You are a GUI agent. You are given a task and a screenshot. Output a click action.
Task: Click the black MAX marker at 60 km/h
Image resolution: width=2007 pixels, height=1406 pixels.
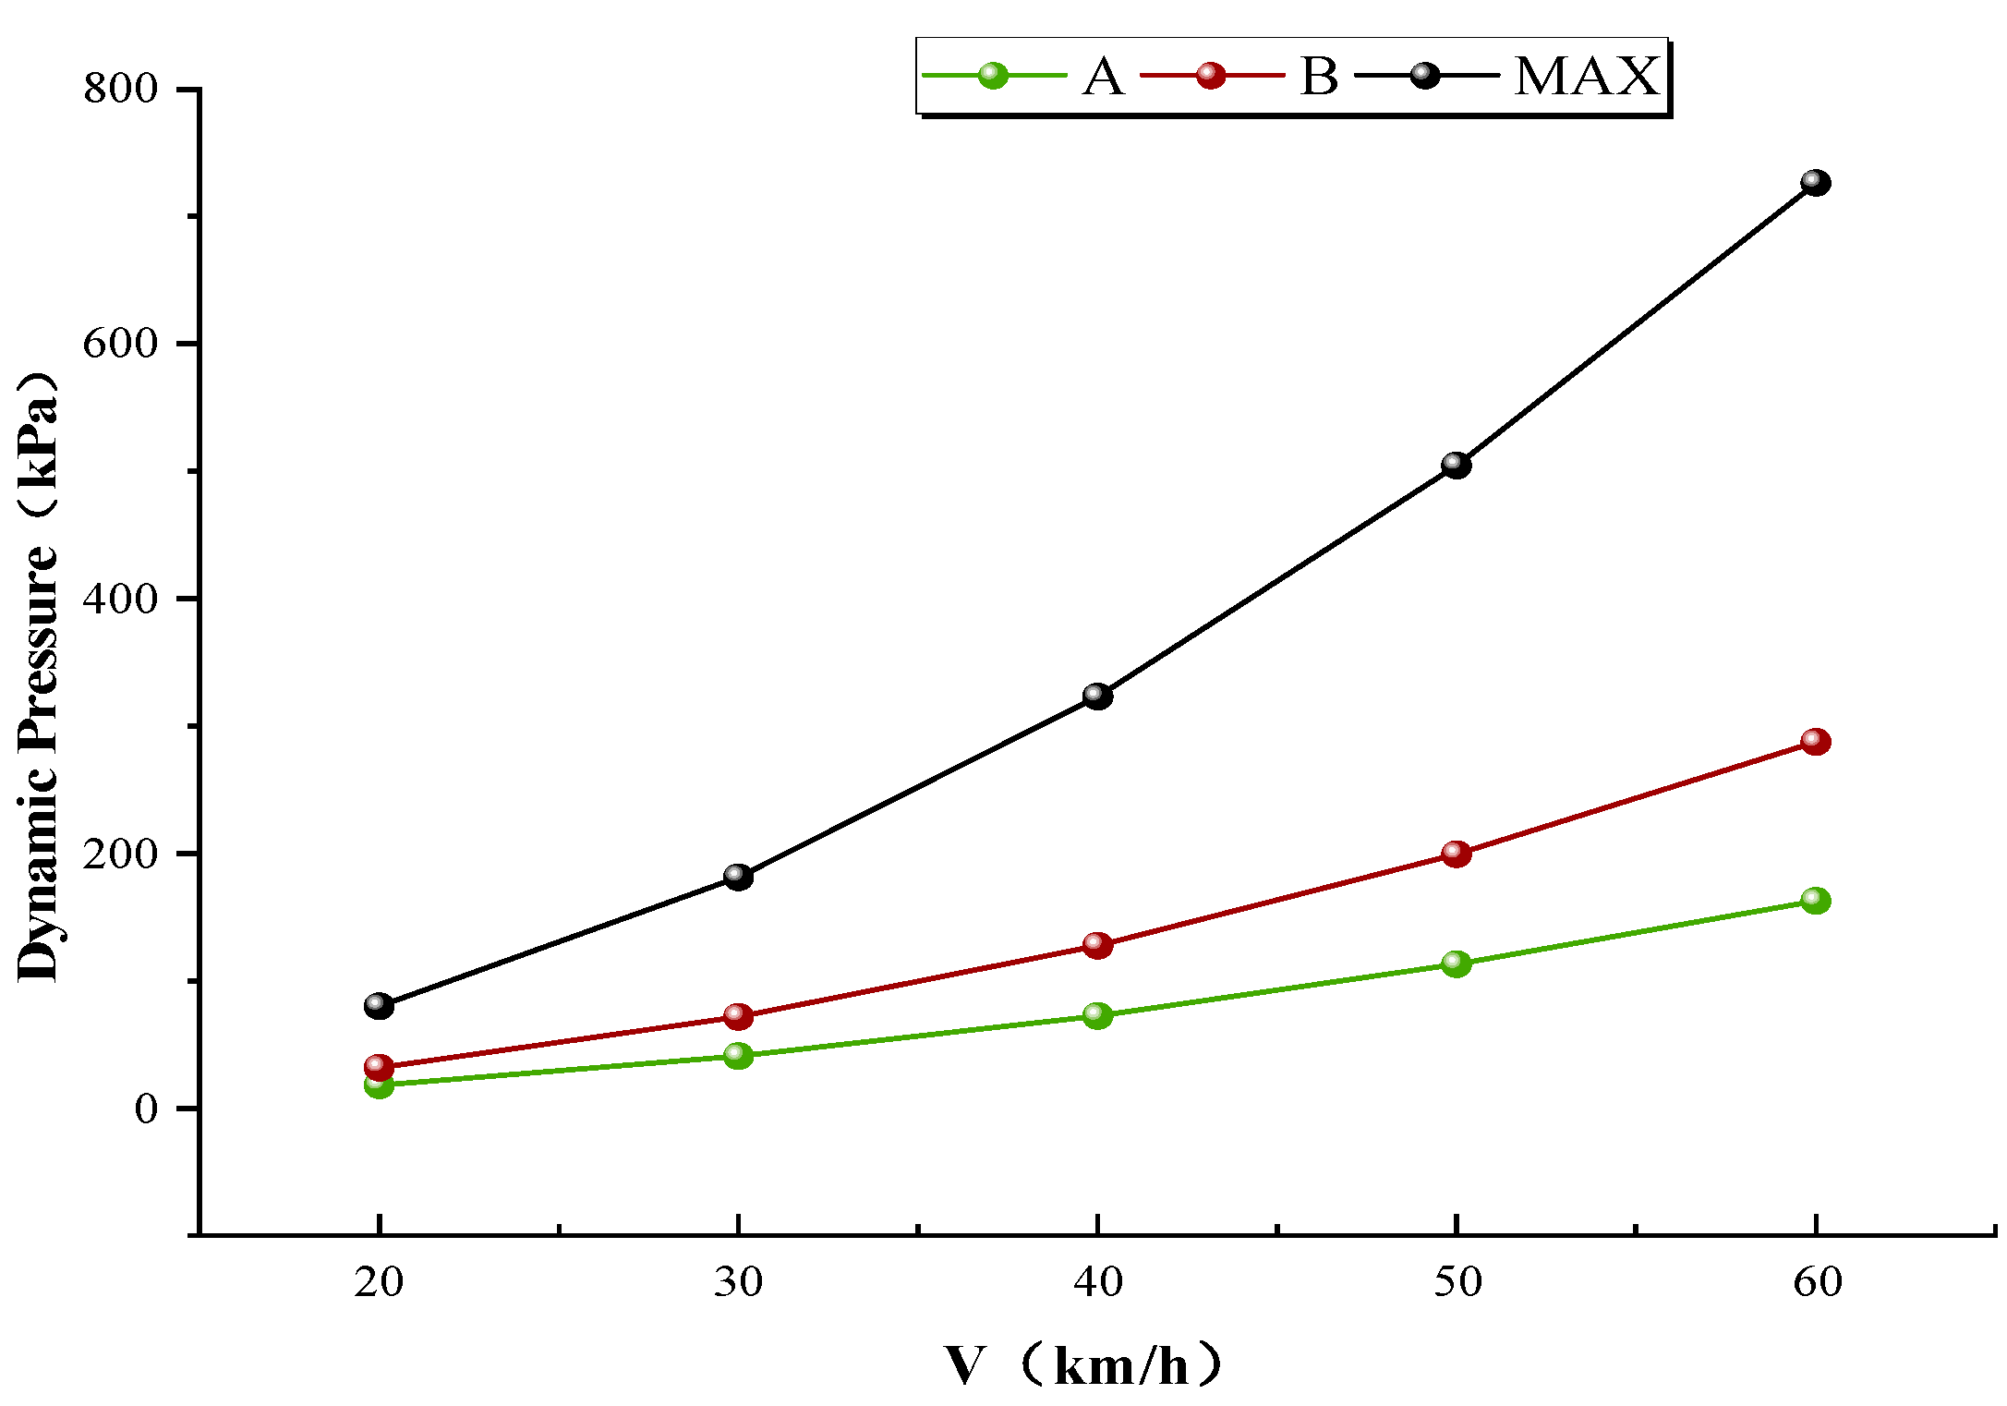1815,183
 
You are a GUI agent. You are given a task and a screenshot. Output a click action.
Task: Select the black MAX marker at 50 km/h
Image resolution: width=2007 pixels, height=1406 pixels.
1456,465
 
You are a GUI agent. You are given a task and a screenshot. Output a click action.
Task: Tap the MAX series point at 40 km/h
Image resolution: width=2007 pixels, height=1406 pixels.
1097,696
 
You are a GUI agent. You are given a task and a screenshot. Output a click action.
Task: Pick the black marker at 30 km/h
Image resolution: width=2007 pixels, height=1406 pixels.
738,876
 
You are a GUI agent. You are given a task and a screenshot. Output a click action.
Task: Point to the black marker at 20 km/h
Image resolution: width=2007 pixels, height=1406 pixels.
379,1005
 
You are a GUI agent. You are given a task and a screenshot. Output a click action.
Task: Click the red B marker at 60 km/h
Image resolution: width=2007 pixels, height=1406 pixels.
1815,742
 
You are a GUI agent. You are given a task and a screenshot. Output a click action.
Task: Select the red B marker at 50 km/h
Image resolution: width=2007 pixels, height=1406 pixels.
1456,854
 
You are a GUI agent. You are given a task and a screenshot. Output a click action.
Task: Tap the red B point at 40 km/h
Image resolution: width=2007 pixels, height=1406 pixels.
1097,945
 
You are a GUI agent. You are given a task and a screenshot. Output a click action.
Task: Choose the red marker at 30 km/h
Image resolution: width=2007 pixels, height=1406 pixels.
738,1016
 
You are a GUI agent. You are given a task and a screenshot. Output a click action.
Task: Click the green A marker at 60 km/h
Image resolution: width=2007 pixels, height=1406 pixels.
1815,900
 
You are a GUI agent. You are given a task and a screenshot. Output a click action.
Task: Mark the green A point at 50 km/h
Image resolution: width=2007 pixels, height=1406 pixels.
1456,964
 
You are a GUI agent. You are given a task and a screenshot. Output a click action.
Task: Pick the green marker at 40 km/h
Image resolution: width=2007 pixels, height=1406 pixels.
1097,1015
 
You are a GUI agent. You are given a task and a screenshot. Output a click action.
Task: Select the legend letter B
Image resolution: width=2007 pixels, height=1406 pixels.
1318,77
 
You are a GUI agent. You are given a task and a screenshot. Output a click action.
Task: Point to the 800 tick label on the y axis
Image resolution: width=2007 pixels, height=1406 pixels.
120,90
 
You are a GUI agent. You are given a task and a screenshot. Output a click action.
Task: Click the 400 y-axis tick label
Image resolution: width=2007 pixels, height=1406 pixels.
120,599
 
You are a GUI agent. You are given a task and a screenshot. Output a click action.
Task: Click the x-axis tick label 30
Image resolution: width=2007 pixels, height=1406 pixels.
738,1282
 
